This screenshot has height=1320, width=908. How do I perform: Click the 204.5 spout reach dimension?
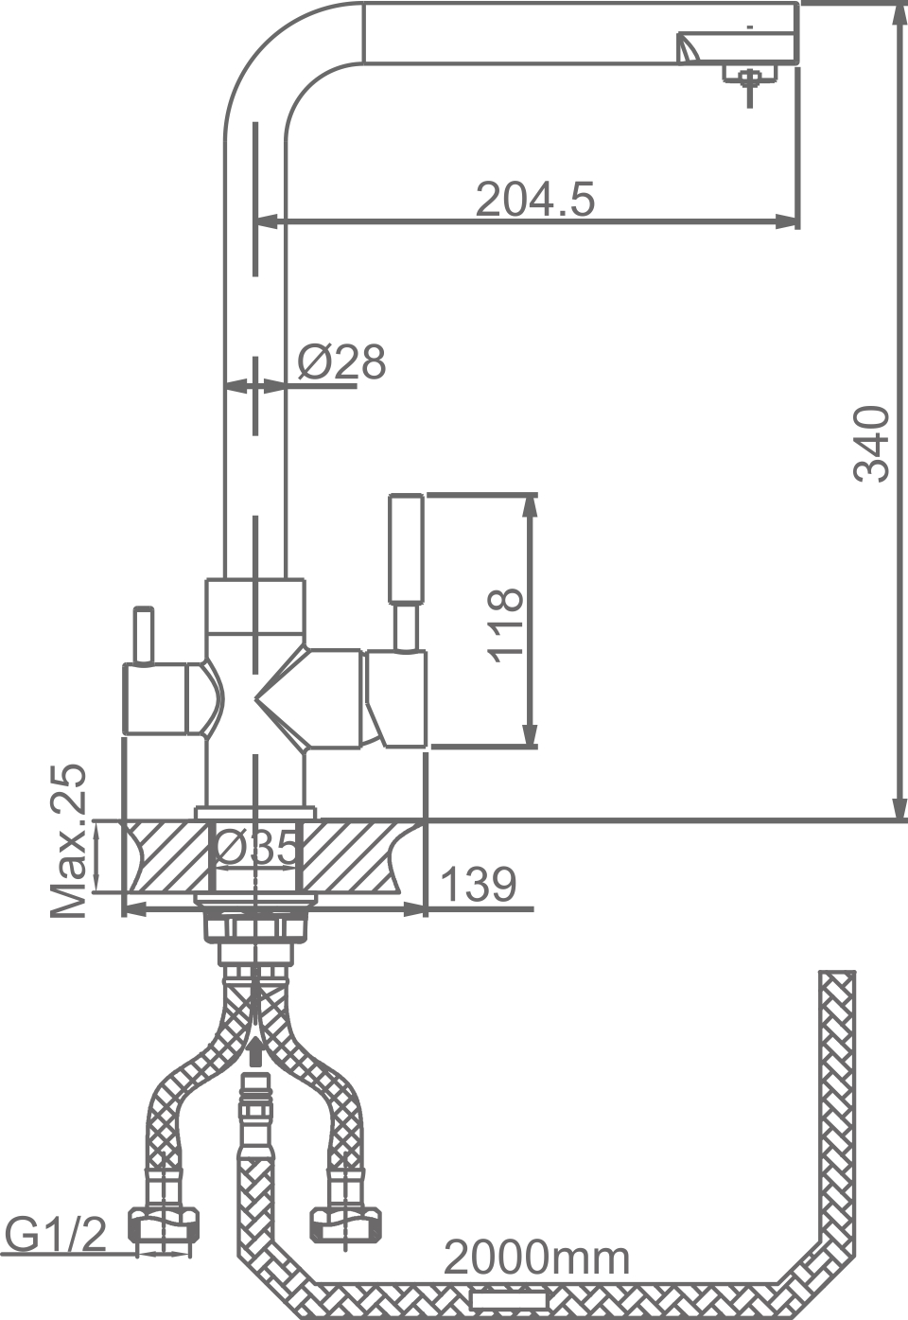point(534,199)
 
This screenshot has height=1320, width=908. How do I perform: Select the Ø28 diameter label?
point(341,361)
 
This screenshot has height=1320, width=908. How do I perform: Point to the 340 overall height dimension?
point(871,444)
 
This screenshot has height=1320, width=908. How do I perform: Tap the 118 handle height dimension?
point(504,624)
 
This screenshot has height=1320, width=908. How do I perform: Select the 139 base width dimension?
point(479,884)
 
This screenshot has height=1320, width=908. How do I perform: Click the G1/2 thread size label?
point(57,1234)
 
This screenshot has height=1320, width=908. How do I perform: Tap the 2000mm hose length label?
point(536,1258)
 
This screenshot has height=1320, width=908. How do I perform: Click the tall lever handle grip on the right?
point(407,547)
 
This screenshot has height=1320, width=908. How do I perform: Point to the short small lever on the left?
point(144,636)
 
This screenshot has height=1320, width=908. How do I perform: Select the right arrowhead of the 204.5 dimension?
point(789,221)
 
